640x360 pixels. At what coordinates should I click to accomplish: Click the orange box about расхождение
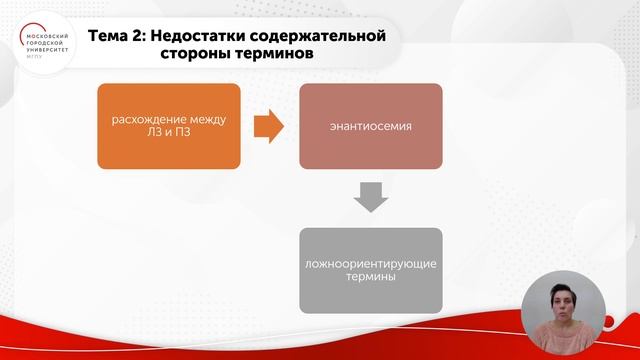(168, 125)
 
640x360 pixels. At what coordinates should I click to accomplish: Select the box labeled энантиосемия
(371, 125)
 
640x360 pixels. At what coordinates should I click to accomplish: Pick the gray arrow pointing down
(371, 198)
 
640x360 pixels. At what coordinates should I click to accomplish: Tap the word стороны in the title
(195, 54)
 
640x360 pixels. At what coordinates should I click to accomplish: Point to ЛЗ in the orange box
(150, 134)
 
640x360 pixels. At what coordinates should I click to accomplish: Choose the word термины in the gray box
(371, 279)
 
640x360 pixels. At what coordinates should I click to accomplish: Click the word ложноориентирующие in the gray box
(371, 263)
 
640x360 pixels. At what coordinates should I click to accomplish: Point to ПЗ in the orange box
(183, 134)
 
